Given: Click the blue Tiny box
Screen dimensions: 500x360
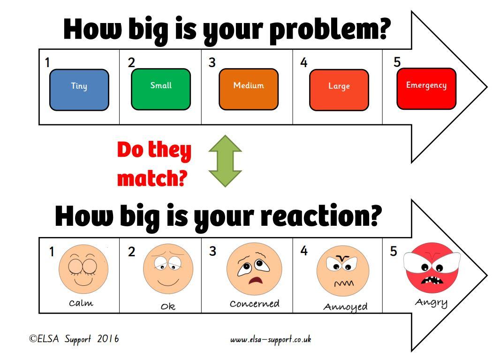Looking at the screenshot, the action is tap(79, 90).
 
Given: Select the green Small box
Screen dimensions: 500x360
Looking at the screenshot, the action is tap(161, 89).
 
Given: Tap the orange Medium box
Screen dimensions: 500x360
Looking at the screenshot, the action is tap(249, 89).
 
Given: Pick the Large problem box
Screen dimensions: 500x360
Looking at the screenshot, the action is tap(339, 90).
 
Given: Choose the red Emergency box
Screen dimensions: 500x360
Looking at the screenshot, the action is tap(426, 89).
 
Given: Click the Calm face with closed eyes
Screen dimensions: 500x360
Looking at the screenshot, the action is tap(83, 269).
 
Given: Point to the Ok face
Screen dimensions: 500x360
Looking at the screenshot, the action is tap(168, 269).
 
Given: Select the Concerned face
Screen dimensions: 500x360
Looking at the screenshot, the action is tap(254, 269).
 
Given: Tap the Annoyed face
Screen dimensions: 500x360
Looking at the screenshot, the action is tap(343, 271).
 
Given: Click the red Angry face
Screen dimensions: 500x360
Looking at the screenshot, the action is tap(432, 268).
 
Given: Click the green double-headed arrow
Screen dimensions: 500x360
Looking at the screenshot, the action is tap(225, 161).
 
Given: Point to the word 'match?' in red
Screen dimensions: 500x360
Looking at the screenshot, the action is tap(152, 178).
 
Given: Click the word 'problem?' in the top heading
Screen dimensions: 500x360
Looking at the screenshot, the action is tap(330, 31).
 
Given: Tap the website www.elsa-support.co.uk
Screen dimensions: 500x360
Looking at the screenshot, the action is tap(271, 339).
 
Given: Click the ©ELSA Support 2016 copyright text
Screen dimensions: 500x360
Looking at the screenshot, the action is tap(74, 338).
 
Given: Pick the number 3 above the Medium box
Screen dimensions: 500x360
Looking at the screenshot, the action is tap(212, 62).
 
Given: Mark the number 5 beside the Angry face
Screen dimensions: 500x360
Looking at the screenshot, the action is tap(394, 251).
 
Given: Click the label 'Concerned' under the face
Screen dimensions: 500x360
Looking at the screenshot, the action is tap(255, 304).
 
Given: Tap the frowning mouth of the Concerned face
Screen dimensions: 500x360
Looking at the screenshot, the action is tap(256, 281).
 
